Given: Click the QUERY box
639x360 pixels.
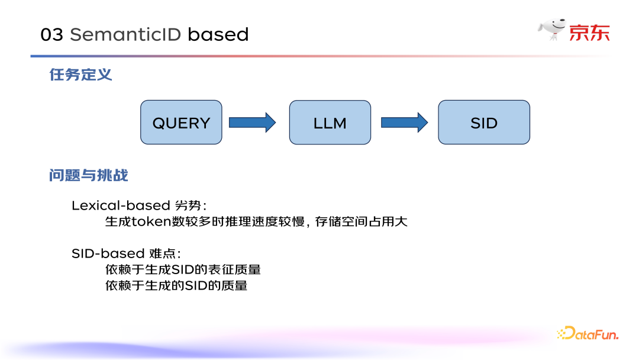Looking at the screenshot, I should pyautogui.click(x=181, y=123).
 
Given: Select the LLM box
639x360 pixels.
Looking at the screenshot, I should pyautogui.click(x=330, y=123).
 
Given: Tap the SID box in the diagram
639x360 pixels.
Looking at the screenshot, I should pyautogui.click(x=483, y=123).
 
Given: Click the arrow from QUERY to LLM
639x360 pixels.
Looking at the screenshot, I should pyautogui.click(x=252, y=123).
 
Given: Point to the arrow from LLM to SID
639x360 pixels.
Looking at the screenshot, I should pyautogui.click(x=404, y=123).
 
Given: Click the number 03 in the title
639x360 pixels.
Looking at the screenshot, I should pyautogui.click(x=51, y=35).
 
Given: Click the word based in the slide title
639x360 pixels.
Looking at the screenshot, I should pyautogui.click(x=218, y=35).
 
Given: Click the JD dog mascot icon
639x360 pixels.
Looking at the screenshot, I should pyautogui.click(x=551, y=30).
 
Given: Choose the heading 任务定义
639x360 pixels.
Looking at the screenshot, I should pyautogui.click(x=80, y=75).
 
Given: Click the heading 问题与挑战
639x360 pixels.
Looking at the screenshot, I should pyautogui.click(x=89, y=176).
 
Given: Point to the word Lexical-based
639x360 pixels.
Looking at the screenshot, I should pyautogui.click(x=121, y=205).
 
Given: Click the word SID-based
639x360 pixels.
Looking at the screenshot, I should pyautogui.click(x=108, y=253).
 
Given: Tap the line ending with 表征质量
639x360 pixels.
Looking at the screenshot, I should pyautogui.click(x=183, y=270).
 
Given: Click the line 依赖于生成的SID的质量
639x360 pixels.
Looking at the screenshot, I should pyautogui.click(x=176, y=286).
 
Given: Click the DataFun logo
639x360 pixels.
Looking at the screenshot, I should pyautogui.click(x=588, y=334).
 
